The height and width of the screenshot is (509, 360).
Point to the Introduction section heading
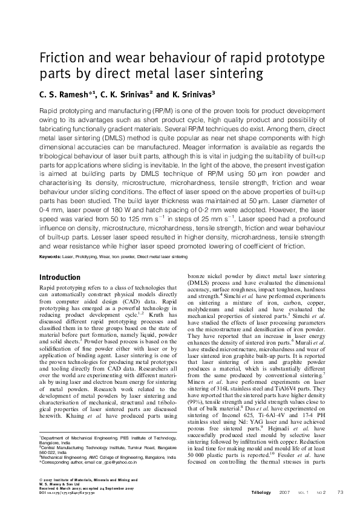[60, 277]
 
